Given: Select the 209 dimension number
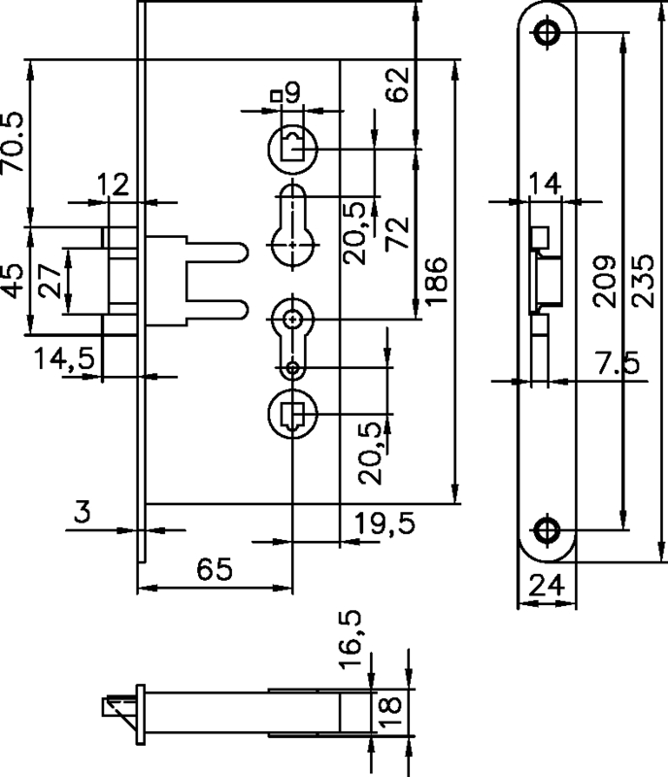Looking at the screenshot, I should coord(604,282).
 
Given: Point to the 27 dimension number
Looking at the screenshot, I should coord(52,283).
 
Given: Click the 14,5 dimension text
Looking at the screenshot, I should coord(62,358).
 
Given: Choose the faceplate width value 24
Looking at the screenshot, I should coord(546,585).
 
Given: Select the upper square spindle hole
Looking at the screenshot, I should coord(291,148).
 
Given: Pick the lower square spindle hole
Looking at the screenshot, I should coord(291,416).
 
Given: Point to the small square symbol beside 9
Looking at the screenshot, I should coord(277,95).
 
